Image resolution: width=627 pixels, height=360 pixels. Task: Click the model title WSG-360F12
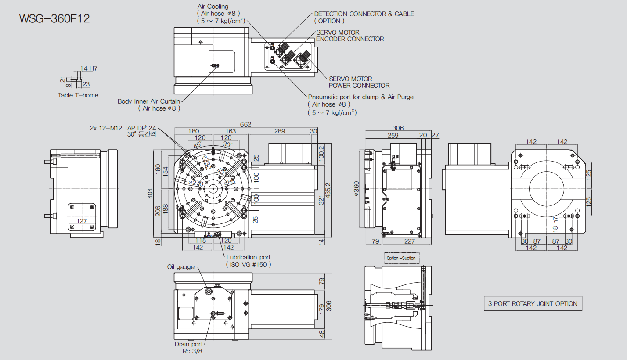pos(54,19)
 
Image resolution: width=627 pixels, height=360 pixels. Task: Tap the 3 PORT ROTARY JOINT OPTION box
pos(533,304)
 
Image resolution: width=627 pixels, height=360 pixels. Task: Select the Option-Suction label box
pos(401,258)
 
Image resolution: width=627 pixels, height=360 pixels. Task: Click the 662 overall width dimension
pos(245,125)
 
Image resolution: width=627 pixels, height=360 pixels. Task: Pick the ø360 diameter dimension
pos(356,189)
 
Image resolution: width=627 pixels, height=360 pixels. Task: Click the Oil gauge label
pos(180,267)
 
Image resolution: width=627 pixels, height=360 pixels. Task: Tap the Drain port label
pos(189,344)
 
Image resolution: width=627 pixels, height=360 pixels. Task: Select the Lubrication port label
pos(248,257)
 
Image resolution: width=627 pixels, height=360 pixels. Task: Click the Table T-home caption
pos(78,95)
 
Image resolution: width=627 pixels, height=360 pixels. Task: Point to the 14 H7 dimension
pos(89,68)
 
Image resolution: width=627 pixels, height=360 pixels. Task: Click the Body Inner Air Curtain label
pos(149,101)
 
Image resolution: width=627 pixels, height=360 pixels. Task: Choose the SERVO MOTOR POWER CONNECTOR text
pos(359,82)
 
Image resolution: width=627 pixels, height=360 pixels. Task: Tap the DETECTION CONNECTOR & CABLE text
pos(364,14)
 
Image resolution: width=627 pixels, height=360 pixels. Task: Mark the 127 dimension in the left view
pos(82,221)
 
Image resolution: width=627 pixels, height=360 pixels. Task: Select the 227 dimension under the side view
pos(409,241)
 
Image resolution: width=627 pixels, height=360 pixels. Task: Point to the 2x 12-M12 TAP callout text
pos(123,128)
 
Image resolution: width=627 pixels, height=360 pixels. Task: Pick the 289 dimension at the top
pos(280,131)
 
